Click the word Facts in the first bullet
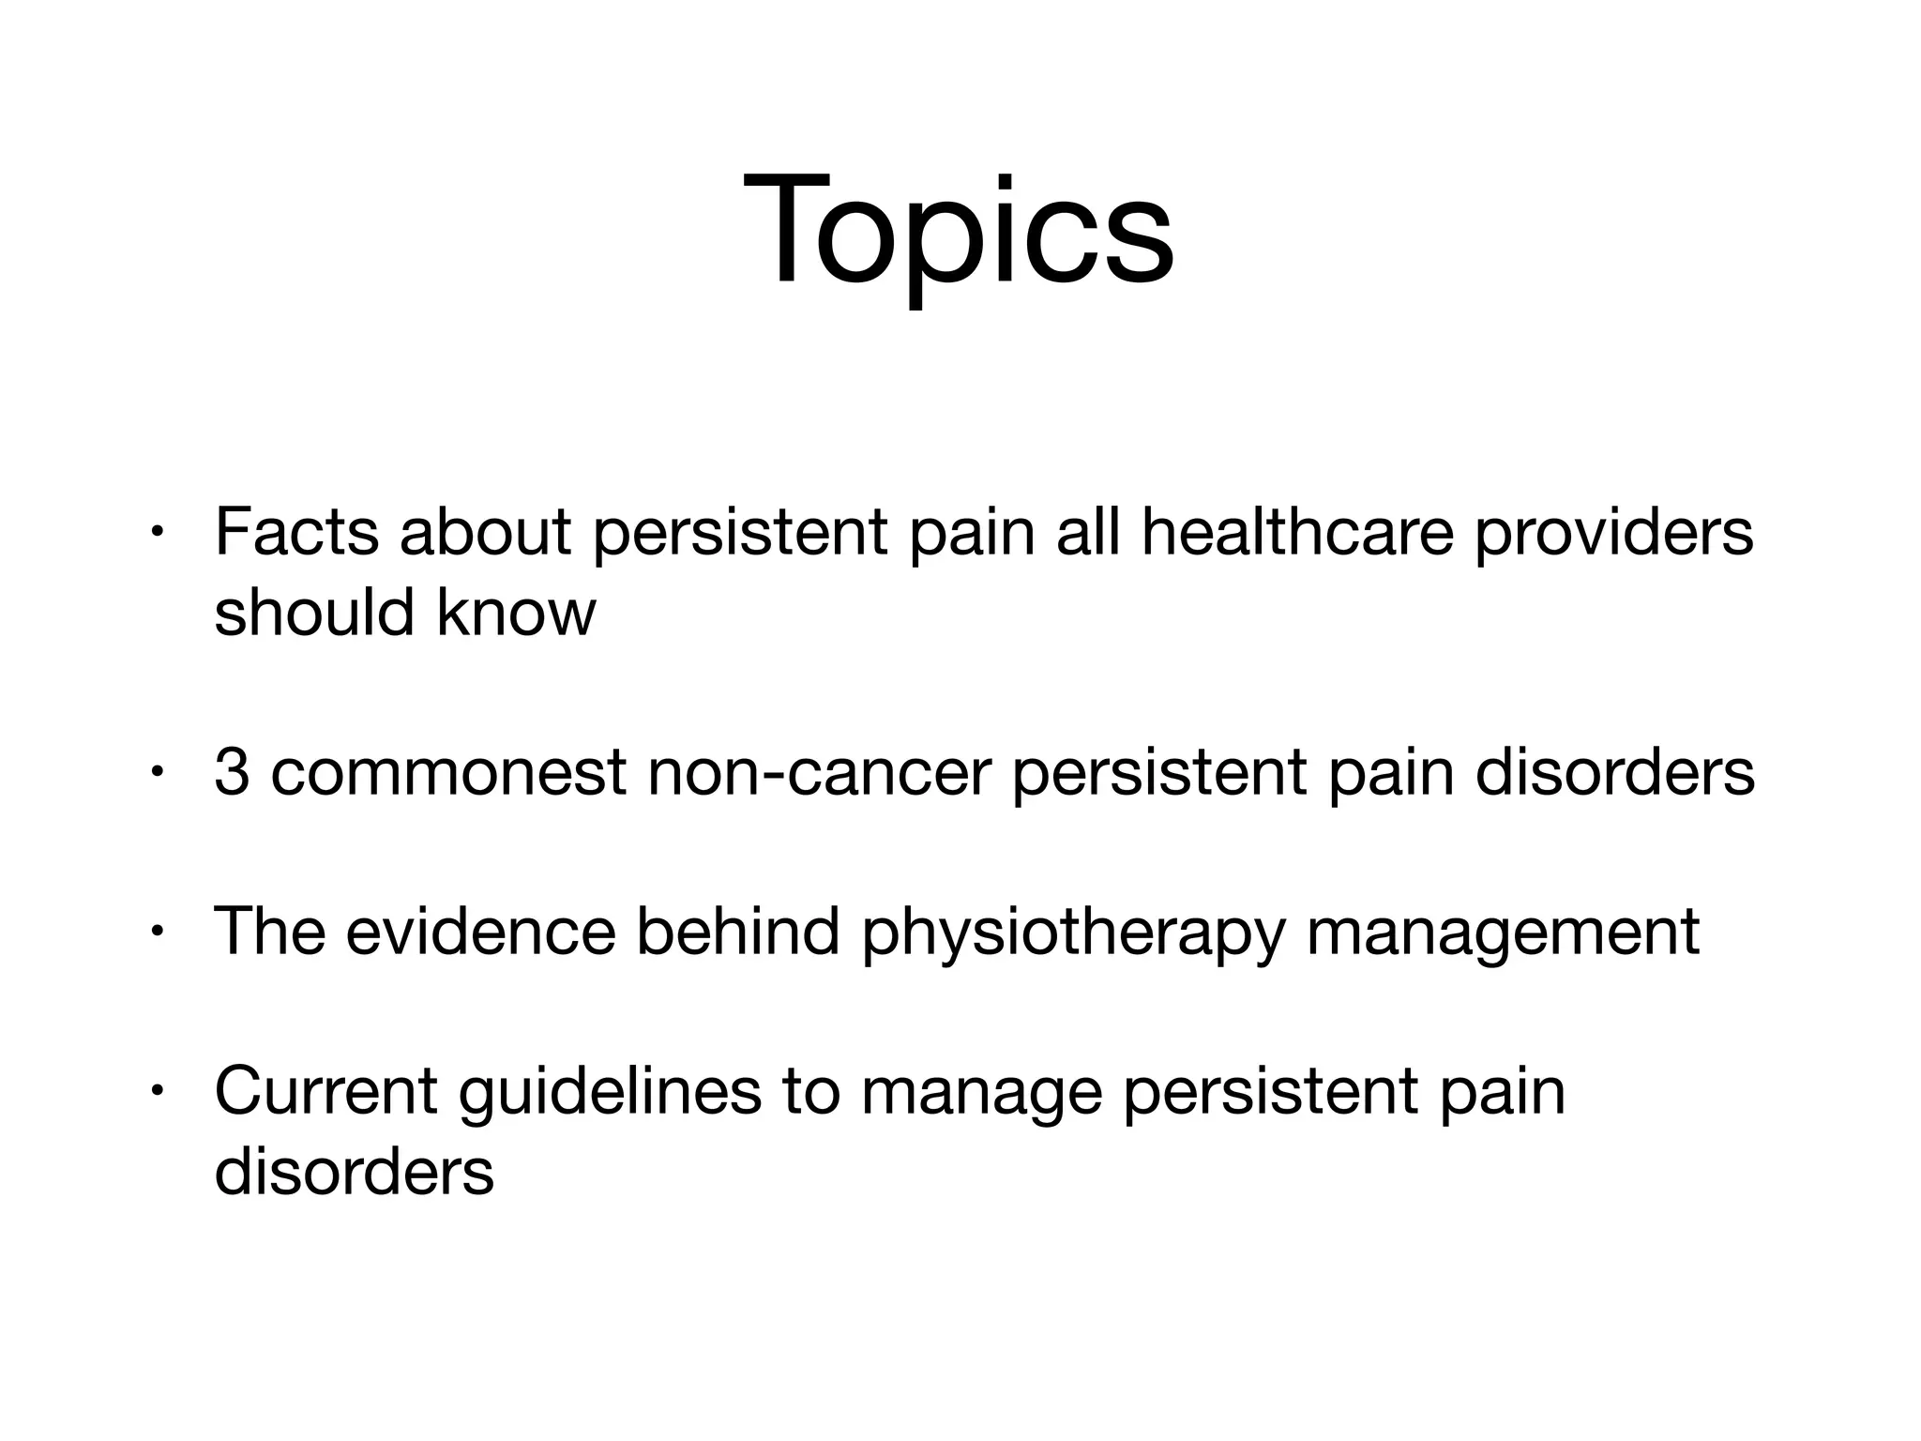(296, 532)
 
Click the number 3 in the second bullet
(231, 772)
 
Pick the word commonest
(448, 772)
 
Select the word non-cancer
(819, 772)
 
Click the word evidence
(481, 932)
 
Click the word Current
(325, 1091)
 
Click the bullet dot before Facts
(158, 533)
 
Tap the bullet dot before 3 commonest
(158, 773)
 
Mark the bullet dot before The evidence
(158, 933)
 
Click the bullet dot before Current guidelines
(158, 1092)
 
